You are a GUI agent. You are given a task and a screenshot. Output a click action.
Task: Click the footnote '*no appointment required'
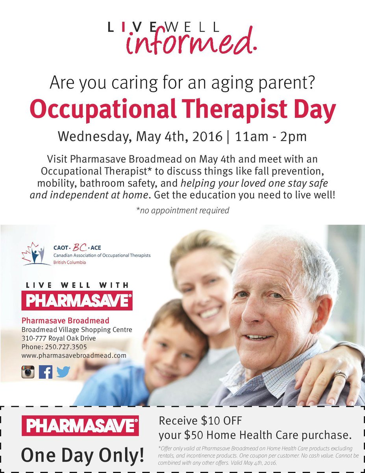[182, 210]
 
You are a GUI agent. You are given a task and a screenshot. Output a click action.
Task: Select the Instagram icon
[28, 372]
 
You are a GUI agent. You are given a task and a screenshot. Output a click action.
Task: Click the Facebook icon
[45, 372]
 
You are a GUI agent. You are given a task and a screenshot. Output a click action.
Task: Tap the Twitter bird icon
[63, 372]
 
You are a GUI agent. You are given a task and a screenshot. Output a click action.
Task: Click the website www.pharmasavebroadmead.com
[74, 355]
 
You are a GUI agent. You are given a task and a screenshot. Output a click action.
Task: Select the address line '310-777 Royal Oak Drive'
[59, 338]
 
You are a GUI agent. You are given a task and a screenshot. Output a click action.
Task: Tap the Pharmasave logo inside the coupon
[80, 426]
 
